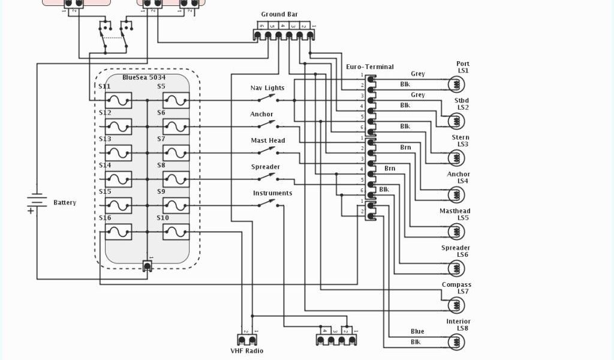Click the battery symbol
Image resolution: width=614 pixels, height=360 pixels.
click(37, 202)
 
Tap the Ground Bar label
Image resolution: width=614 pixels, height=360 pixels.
click(279, 14)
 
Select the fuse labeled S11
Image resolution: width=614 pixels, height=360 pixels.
click(119, 100)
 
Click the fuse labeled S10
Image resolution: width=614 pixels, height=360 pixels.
click(176, 232)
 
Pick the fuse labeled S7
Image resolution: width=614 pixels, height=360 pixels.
click(176, 152)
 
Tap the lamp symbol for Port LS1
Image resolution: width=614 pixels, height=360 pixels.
click(456, 85)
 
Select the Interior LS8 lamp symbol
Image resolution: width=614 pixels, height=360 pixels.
click(456, 342)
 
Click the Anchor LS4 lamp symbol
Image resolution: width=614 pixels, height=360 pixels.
click(456, 195)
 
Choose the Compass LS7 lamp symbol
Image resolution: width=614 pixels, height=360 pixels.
click(456, 305)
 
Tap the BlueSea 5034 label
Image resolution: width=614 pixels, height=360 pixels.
click(144, 77)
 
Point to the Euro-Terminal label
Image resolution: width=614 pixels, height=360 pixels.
click(370, 67)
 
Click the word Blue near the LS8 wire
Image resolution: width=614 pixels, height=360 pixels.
click(417, 331)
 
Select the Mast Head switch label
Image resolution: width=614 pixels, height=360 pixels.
click(267, 140)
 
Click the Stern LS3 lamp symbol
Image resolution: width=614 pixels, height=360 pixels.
click(456, 158)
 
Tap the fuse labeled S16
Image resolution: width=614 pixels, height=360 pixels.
click(119, 232)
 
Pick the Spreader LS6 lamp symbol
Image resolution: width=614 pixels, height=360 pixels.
click(456, 269)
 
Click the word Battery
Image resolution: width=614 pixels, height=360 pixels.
click(65, 203)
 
